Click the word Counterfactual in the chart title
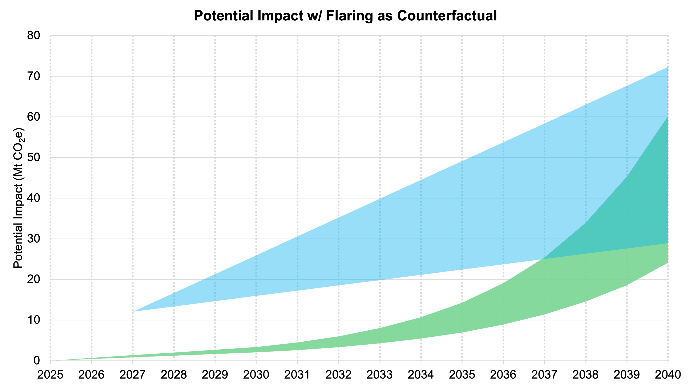pyautogui.click(x=447, y=16)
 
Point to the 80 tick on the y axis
pyautogui.click(x=34, y=36)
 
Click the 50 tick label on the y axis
pyautogui.click(x=34, y=157)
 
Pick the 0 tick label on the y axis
pyautogui.click(x=37, y=360)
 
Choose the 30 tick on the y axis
pyautogui.click(x=34, y=239)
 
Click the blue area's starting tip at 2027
pyautogui.click(x=134, y=311)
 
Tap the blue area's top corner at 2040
pyautogui.click(x=668, y=67)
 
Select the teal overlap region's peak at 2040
pyautogui.click(x=668, y=117)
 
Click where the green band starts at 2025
pyautogui.click(x=51, y=360)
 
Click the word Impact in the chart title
pyautogui.click(x=280, y=16)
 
